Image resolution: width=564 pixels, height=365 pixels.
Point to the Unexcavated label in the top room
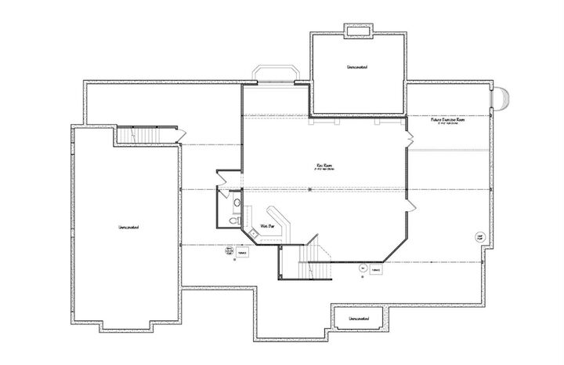pyautogui.click(x=358, y=68)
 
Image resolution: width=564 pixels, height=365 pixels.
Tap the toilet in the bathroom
pyautogui.click(x=235, y=219)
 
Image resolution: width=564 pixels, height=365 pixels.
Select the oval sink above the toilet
pyautogui.click(x=236, y=203)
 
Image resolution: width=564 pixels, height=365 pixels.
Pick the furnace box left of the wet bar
pyautogui.click(x=243, y=253)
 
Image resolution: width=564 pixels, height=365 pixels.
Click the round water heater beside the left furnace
pyautogui.click(x=229, y=251)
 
